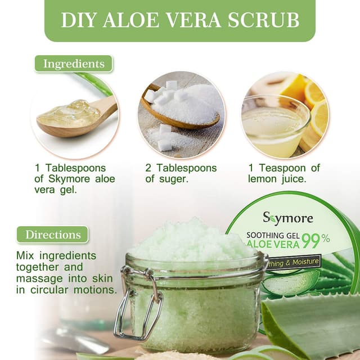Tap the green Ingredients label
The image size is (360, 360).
click(x=73, y=64)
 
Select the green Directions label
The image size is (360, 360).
click(x=52, y=234)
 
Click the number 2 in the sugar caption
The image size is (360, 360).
click(x=149, y=168)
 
